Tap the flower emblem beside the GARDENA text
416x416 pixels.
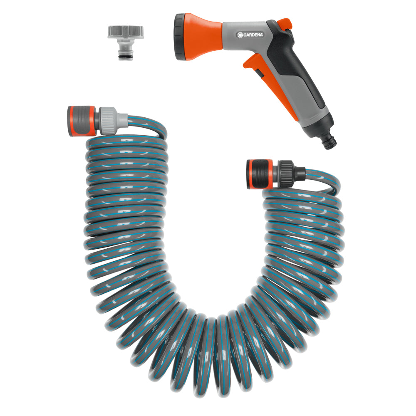pos(240,35)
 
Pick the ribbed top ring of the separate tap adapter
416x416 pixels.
pos(126,32)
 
